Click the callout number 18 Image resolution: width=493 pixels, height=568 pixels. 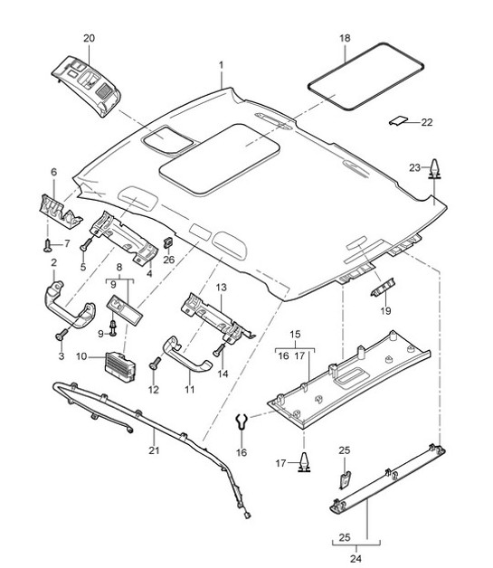[x=344, y=38]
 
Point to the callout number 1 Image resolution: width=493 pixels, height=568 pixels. [x=220, y=66]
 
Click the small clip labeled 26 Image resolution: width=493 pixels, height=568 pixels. [x=168, y=243]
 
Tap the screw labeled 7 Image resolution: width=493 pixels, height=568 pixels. [x=45, y=243]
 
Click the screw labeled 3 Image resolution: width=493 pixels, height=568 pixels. [x=62, y=336]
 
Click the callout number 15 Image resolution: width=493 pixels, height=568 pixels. [x=294, y=334]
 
